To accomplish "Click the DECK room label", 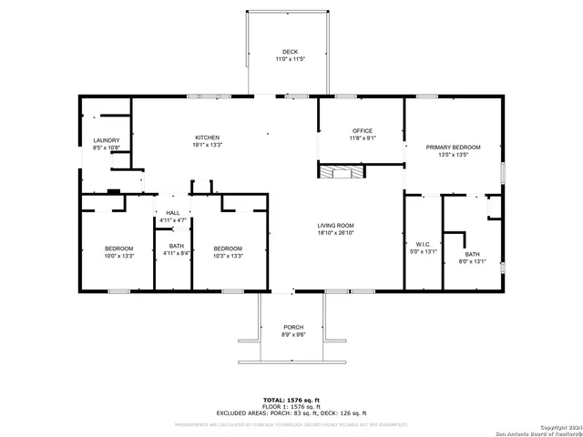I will pos(290,52).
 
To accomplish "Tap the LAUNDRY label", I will pos(107,140).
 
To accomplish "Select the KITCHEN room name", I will pos(208,137).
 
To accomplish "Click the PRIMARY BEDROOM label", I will pos(453,147).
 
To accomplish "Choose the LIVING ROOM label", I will pos(335,226).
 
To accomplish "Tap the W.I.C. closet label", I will pos(422,244).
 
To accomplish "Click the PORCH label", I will pos(293,327).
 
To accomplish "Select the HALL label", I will pos(173,213).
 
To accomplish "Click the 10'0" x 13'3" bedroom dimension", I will pos(118,256).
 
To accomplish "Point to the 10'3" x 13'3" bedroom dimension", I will pos(228,256).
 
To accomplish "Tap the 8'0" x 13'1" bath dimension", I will pos(471,261).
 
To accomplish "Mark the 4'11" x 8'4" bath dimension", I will pos(177,252).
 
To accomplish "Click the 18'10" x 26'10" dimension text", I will pos(335,233).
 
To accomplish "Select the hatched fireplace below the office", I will pos(339,171).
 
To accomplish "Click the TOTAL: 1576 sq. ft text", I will pos(291,400).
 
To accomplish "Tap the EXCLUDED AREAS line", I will pos(291,413).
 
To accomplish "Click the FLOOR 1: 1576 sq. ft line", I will pos(291,407).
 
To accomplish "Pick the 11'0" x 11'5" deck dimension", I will pos(290,59).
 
